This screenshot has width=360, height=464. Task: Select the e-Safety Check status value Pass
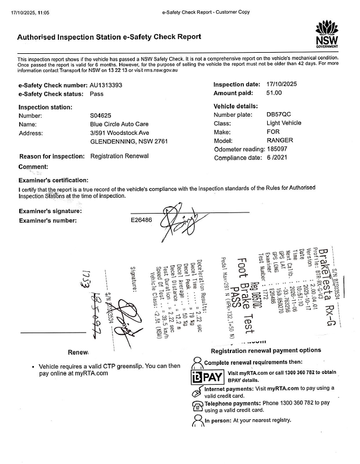(97, 94)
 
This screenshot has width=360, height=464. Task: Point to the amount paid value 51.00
(275, 93)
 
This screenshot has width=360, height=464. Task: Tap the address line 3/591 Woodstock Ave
(119, 133)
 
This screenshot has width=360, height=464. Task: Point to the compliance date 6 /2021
(278, 157)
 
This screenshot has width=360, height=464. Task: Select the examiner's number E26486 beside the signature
(142, 220)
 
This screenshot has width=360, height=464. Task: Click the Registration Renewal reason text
(119, 156)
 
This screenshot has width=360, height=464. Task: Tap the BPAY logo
(208, 377)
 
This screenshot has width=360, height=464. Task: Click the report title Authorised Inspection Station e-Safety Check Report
(109, 37)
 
